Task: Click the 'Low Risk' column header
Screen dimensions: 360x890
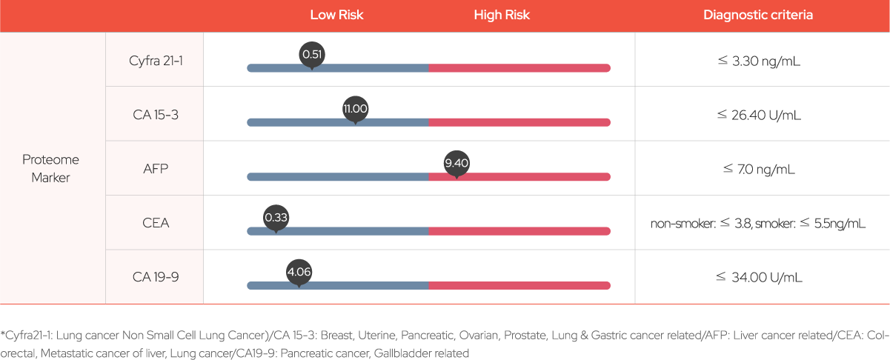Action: [336, 15]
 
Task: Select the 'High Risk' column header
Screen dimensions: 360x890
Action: [502, 15]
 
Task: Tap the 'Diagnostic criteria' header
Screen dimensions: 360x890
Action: [758, 15]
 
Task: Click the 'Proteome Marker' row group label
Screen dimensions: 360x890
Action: [50, 168]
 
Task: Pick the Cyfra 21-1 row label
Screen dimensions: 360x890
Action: [156, 60]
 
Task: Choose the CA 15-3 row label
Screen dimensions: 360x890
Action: [156, 115]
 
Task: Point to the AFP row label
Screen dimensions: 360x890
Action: [156, 169]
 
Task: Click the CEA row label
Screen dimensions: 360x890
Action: [156, 223]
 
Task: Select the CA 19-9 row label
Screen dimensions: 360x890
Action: [156, 277]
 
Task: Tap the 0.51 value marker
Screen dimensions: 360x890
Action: [313, 54]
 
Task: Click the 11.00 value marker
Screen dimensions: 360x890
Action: [355, 109]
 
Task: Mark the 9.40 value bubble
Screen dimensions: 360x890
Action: [456, 163]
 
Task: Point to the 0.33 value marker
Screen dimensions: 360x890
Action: [276, 217]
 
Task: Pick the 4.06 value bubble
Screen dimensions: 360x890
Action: [299, 272]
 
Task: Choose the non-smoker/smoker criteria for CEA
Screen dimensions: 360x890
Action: [758, 224]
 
